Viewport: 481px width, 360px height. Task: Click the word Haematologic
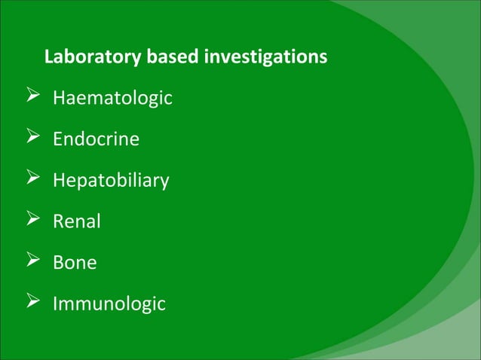click(x=112, y=99)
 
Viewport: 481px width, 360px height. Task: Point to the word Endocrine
click(x=96, y=139)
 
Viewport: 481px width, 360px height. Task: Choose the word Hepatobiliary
click(x=111, y=182)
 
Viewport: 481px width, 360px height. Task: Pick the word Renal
click(x=76, y=222)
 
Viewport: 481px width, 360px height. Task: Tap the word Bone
click(x=75, y=264)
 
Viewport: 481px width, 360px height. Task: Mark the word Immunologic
click(x=109, y=305)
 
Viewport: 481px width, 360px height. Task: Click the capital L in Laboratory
click(x=50, y=57)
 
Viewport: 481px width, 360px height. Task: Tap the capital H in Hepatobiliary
click(x=58, y=181)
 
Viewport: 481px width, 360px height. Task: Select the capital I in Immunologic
click(x=55, y=304)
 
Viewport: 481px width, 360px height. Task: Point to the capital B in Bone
click(x=58, y=264)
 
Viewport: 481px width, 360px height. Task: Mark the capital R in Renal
click(x=58, y=222)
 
